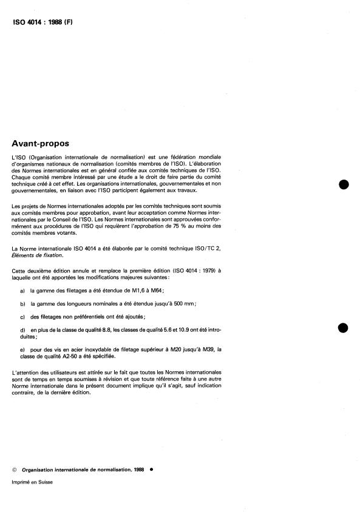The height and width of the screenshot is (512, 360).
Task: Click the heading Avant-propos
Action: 41,144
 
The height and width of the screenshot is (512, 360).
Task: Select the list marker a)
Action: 22,291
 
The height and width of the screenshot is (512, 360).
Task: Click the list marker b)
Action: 22,303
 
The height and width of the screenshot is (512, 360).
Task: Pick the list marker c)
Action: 22,315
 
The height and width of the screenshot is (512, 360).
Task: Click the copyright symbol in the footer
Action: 14,470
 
